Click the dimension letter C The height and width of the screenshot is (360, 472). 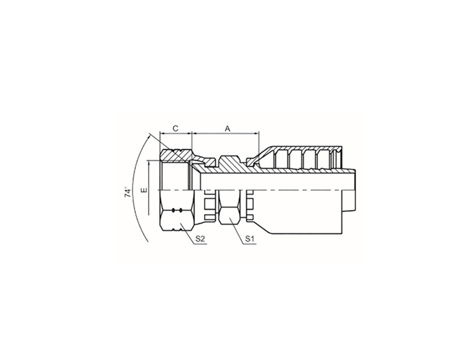pos(176,128)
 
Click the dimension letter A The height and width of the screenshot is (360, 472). pos(228,128)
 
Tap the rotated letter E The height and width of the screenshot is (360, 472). pos(144,190)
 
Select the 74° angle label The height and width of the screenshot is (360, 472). pos(128,191)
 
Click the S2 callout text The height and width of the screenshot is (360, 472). pos(200,239)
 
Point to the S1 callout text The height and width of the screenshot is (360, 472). pos(249,239)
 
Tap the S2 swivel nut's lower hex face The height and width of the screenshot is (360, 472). pos(175,221)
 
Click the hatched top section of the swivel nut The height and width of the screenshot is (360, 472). pos(176,156)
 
